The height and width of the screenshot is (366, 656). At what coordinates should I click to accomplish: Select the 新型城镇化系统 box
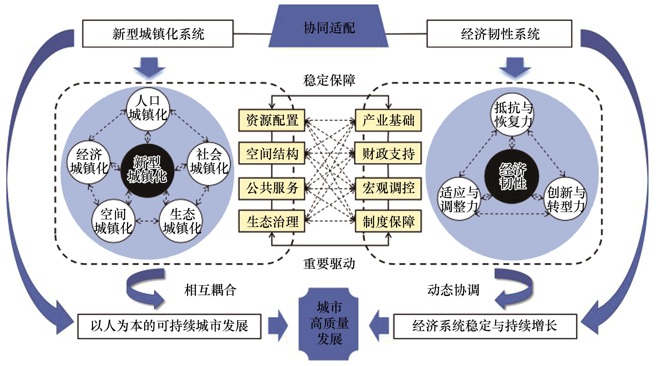click(x=158, y=34)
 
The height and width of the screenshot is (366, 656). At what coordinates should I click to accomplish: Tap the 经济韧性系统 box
click(x=499, y=34)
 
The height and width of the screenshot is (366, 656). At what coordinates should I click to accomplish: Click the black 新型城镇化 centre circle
click(x=147, y=170)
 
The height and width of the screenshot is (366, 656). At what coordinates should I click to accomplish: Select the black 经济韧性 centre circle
click(x=512, y=176)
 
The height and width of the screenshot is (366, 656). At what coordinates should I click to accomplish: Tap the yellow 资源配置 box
click(x=272, y=120)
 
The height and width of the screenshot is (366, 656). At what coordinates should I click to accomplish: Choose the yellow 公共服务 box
click(x=272, y=188)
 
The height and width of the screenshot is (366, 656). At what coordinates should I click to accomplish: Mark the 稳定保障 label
click(x=329, y=80)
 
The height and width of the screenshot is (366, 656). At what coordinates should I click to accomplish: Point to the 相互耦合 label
click(x=210, y=290)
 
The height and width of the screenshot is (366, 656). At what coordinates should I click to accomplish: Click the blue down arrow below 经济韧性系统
click(x=515, y=67)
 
